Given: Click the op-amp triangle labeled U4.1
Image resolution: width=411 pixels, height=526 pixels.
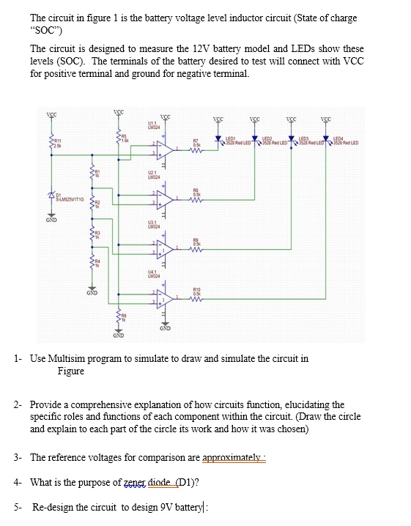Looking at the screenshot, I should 165,297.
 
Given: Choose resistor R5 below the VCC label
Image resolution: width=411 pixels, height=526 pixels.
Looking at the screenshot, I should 118,137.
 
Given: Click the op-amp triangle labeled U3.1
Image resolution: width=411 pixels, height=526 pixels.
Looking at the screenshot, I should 165,248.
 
